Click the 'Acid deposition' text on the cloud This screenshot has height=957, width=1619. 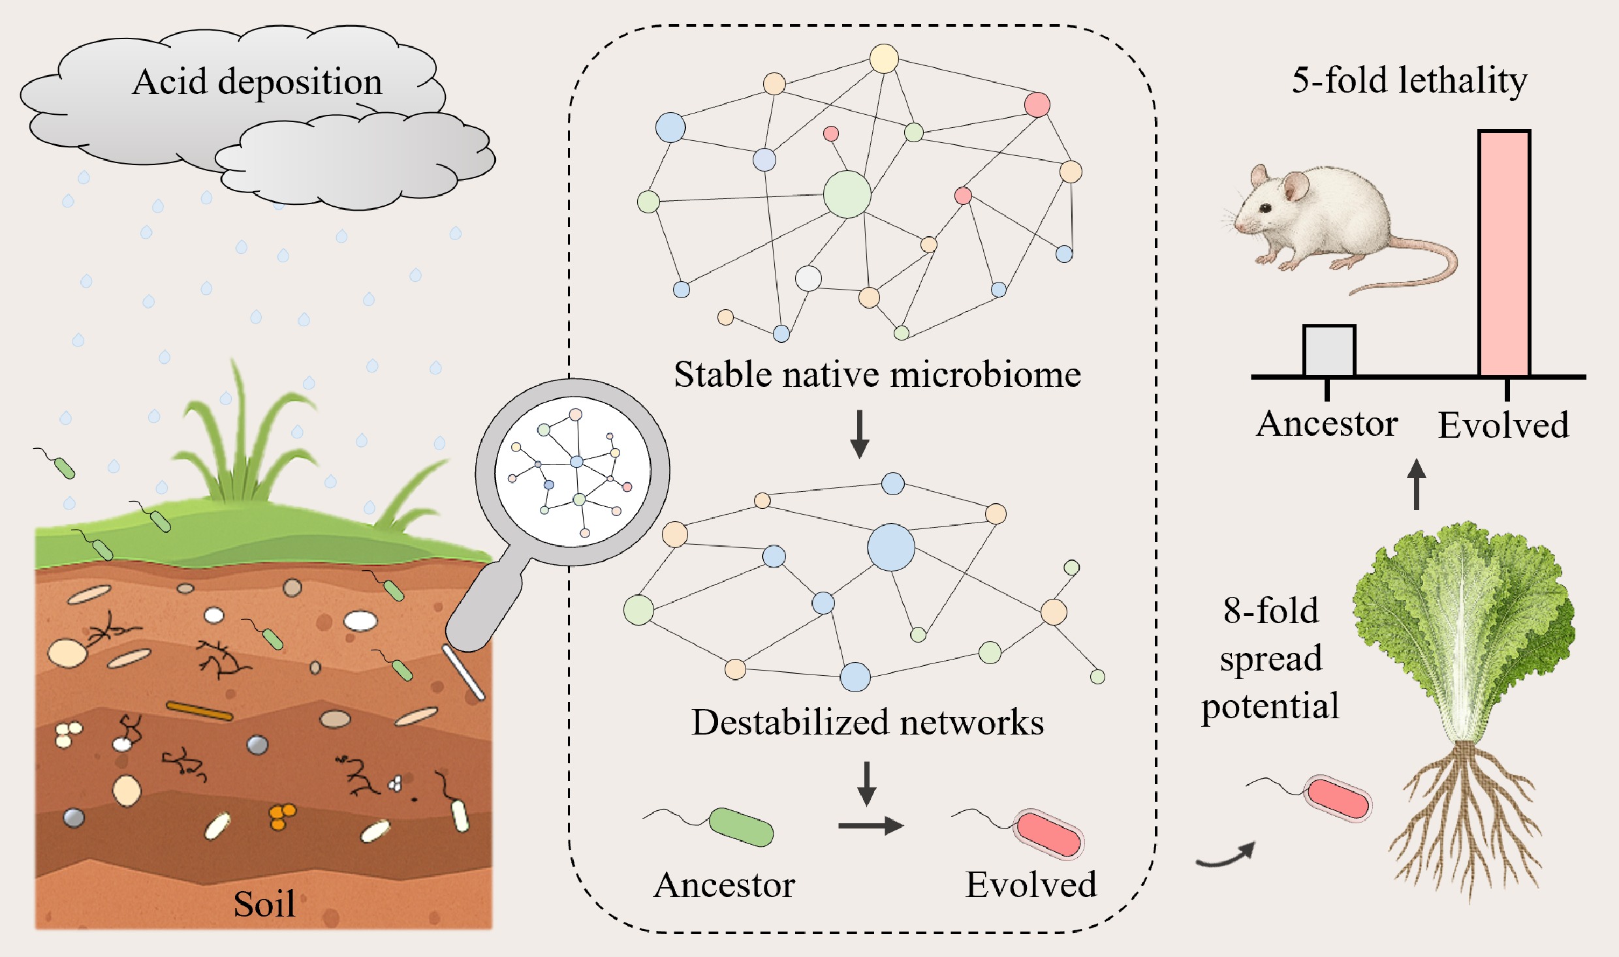pos(257,82)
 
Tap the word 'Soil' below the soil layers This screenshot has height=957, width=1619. pos(264,904)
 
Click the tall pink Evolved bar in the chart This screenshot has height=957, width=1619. pos(1504,254)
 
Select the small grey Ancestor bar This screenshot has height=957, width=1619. pos(1329,351)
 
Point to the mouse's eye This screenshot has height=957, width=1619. pos(1266,208)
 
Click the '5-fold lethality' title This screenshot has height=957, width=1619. pos(1409,81)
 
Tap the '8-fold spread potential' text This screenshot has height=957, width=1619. pos(1270,658)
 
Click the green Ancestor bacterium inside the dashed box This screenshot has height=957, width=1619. pos(741,827)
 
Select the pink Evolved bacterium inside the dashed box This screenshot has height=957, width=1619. pos(1048,834)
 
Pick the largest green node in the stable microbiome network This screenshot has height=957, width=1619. pos(847,194)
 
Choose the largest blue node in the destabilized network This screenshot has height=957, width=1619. pos(890,547)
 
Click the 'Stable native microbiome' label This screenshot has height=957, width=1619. pos(877,375)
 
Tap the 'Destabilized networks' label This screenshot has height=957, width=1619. pos(868,723)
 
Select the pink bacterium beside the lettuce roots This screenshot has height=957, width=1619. pos(1337,798)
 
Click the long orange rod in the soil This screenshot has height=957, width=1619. pos(199,711)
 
